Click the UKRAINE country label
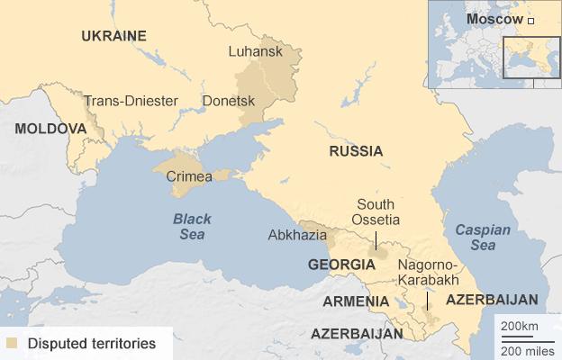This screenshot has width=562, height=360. [113, 36]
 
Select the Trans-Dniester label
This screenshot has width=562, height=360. [131, 101]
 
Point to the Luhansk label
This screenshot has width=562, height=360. [256, 51]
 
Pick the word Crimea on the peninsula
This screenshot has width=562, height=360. [189, 175]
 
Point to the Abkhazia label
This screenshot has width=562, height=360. [296, 235]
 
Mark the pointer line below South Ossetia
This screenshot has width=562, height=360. [376, 239]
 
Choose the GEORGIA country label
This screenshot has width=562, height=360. [341, 265]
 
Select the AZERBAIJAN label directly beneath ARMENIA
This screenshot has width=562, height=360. [357, 333]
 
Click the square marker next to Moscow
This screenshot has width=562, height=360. [530, 20]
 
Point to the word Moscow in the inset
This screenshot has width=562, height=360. [494, 19]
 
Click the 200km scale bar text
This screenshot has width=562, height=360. [520, 324]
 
